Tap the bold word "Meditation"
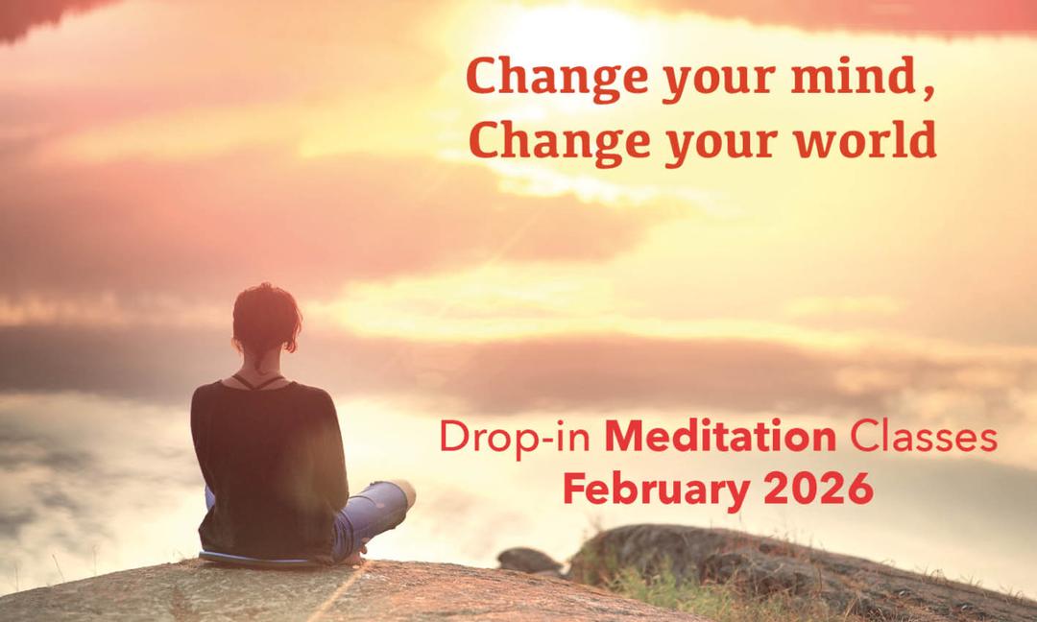tap(721, 439)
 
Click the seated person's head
tap(266, 321)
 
